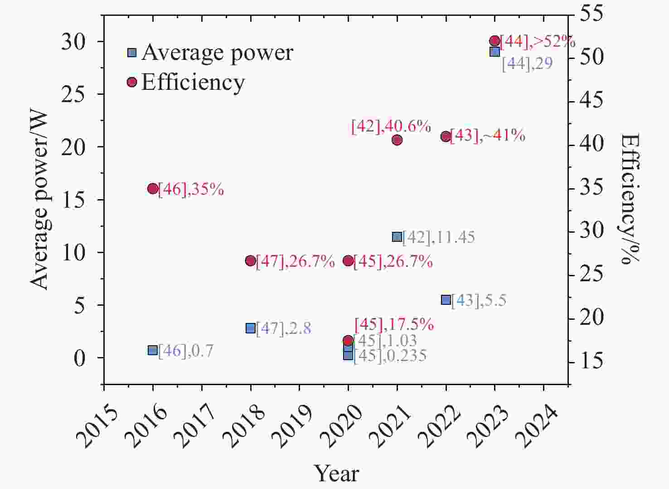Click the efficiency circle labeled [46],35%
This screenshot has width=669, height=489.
tap(153, 189)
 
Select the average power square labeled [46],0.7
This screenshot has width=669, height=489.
tap(153, 350)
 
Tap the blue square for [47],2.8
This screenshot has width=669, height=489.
tap(251, 328)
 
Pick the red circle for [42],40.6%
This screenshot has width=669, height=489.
tap(397, 140)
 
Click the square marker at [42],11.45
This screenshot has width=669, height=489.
tap(397, 237)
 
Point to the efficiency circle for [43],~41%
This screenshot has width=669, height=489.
tap(446, 136)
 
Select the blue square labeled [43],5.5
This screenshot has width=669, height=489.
tap(446, 300)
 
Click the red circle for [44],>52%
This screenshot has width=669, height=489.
tap(494, 41)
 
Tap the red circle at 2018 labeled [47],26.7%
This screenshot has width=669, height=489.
tap(251, 260)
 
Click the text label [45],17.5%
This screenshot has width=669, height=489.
tap(394, 324)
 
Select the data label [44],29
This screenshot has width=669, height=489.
tap(527, 64)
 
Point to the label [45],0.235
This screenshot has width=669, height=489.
tap(390, 356)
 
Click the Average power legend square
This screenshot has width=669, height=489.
tap(132, 53)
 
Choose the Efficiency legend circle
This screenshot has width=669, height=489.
tap(132, 82)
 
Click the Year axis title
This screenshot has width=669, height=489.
tap(337, 474)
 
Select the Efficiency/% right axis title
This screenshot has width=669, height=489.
tap(630, 199)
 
